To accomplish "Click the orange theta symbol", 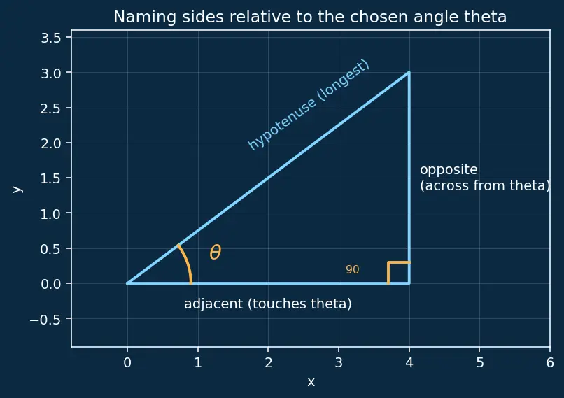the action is (x=215, y=252).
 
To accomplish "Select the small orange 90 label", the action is (x=353, y=270).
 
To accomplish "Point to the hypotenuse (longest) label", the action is (x=309, y=105).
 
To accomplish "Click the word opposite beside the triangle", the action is (x=449, y=170).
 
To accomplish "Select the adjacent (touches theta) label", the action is (x=267, y=304).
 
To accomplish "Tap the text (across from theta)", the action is (x=485, y=185).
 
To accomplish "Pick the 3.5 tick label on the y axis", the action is (x=50, y=37).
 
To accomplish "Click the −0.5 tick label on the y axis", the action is (x=45, y=319).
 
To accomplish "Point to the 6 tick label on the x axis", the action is (x=549, y=363).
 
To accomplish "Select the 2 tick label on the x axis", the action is (x=268, y=363).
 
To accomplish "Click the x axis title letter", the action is (x=311, y=382).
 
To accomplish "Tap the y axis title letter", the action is (x=17, y=189).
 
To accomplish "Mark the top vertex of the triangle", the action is (x=409, y=73).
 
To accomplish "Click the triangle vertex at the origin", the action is (x=127, y=283).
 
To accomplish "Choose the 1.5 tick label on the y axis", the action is (x=50, y=178).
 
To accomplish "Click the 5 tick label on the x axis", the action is (x=479, y=363).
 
